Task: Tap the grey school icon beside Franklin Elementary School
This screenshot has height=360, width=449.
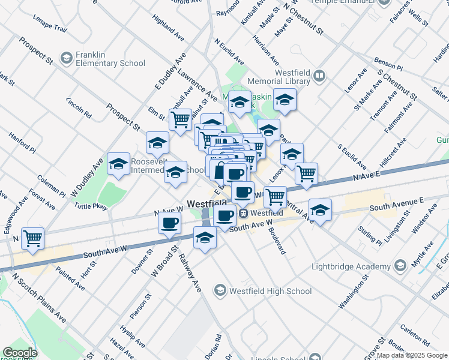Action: [x=65, y=58]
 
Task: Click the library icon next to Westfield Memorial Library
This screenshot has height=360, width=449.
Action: [x=319, y=76]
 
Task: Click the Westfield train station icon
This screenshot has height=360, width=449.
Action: [x=244, y=213]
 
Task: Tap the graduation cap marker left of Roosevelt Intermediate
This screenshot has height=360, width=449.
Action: [x=119, y=164]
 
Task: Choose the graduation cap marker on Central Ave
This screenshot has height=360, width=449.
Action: [x=321, y=211]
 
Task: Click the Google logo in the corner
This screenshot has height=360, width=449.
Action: [x=20, y=353]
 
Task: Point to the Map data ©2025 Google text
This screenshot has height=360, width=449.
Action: [x=412, y=355]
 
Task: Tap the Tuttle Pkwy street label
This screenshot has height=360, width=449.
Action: [x=90, y=206]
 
